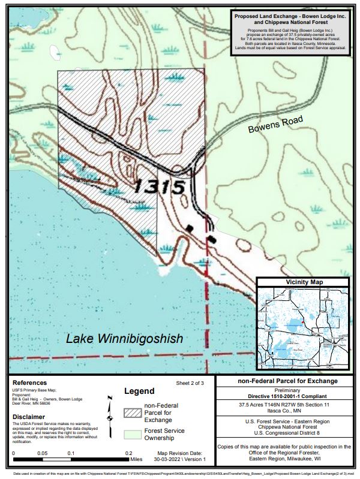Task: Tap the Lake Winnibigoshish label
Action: tap(124, 339)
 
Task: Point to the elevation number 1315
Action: tap(159, 187)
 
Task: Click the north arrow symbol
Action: tap(109, 414)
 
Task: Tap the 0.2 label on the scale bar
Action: tap(128, 453)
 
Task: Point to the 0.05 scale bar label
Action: tap(42, 453)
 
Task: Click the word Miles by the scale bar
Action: tap(137, 460)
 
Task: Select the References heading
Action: tap(29, 382)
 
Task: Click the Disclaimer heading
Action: tap(29, 417)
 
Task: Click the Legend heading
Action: tap(140, 391)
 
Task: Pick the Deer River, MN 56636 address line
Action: tap(35, 403)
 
